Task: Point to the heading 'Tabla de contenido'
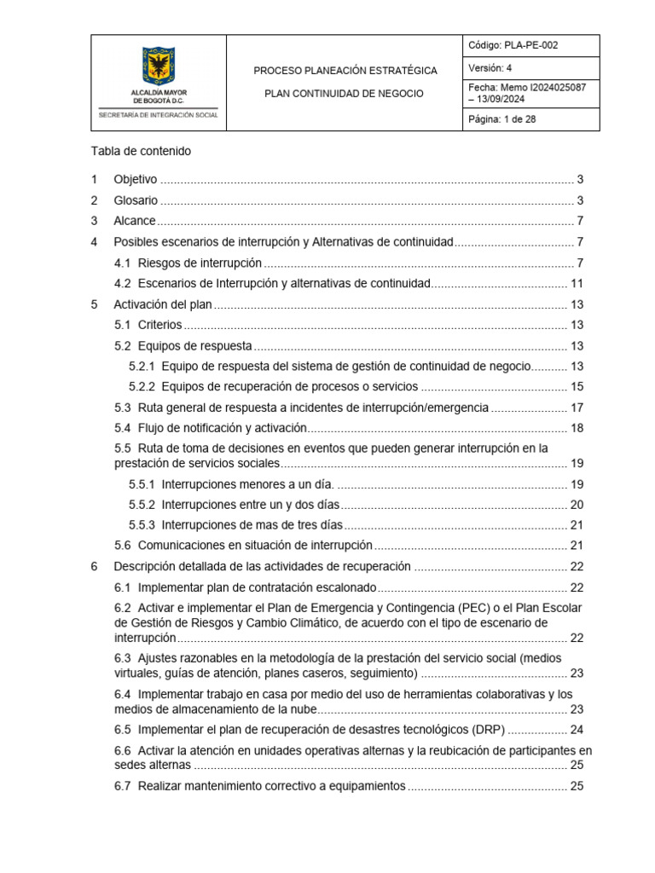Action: pos(141,151)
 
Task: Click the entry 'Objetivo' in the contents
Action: pos(136,180)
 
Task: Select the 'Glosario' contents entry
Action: pos(136,200)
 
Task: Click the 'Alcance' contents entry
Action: pos(135,221)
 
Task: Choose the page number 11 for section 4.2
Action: pos(577,283)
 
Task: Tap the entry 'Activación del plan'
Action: pos(162,304)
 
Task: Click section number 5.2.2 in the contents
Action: pos(142,386)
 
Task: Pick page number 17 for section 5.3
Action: pos(577,408)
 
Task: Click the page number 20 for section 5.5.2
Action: pos(577,505)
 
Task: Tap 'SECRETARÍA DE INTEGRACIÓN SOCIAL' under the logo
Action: pos(159,114)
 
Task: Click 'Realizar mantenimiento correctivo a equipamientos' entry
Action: pos(272,786)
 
